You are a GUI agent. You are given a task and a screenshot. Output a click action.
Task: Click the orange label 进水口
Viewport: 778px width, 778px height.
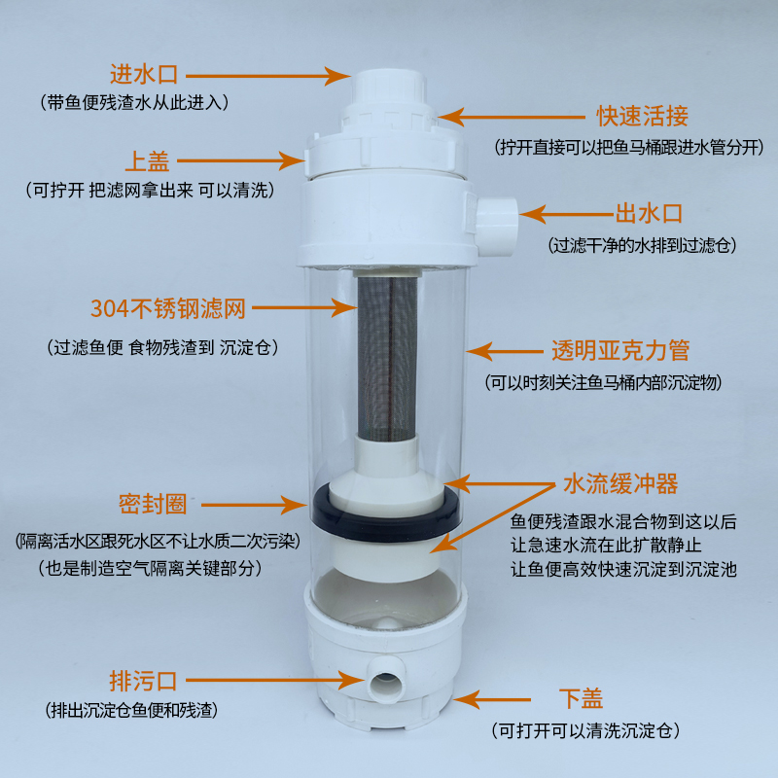[x=144, y=75]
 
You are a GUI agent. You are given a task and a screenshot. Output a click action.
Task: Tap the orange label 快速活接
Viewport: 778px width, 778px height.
[x=642, y=116]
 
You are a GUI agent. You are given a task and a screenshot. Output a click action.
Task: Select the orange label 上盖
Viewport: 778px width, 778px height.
[x=147, y=161]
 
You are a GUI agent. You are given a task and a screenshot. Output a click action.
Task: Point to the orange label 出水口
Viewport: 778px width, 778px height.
[x=649, y=214]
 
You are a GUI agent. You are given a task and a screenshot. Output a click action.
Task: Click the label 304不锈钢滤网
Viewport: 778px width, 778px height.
[x=168, y=308]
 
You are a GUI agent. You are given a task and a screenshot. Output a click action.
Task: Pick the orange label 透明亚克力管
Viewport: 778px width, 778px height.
[x=620, y=350]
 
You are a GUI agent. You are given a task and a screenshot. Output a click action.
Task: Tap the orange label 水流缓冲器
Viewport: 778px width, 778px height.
[x=620, y=483]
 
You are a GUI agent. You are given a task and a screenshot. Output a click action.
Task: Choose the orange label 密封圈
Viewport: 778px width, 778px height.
[x=153, y=505]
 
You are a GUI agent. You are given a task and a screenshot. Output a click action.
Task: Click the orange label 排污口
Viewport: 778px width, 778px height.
[x=143, y=681]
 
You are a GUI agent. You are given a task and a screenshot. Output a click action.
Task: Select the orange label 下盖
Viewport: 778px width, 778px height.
[x=581, y=698]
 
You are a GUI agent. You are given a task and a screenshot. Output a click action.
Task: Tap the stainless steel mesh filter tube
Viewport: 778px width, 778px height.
[x=387, y=358]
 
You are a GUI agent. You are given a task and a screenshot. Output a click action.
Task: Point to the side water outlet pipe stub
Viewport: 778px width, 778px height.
[x=497, y=227]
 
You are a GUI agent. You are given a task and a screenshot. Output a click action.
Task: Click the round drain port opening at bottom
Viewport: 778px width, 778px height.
[x=385, y=680]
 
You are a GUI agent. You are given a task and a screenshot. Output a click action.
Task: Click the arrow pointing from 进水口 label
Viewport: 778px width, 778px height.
[x=268, y=76]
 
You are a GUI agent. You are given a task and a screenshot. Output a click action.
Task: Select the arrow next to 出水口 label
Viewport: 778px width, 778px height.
[x=567, y=214]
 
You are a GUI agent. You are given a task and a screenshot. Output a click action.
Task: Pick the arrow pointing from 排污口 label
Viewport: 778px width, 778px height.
[x=275, y=680]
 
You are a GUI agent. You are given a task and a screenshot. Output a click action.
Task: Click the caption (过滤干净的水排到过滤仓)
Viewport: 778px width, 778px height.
[x=642, y=245]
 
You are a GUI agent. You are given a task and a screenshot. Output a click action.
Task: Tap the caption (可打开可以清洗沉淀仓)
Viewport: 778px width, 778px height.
[x=585, y=730]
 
